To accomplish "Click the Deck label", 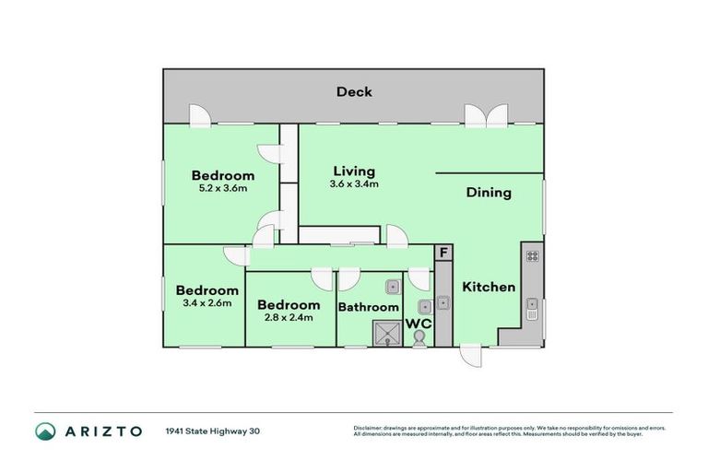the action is tap(354, 91).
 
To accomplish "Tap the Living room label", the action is tap(354, 171).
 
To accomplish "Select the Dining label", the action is tap(489, 193).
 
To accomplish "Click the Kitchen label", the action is tap(489, 287).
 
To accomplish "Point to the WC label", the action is tap(419, 324).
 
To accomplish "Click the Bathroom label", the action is tap(369, 307).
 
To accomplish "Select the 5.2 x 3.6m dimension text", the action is tap(223, 188).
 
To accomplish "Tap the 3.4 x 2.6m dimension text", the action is tap(207, 302).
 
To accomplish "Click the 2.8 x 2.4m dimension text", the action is tap(289, 317).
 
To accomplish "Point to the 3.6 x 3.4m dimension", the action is tap(354, 183).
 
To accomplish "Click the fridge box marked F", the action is tap(443, 253).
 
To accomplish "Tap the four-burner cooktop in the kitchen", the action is tap(532, 256).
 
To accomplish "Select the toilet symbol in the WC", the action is tap(419, 338).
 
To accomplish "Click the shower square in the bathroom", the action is tap(387, 334).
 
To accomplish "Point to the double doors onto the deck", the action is tap(487, 115).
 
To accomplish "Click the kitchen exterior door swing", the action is tap(471, 356).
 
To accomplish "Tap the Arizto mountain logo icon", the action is tap(45, 431).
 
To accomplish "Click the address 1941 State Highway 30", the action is tap(213, 431).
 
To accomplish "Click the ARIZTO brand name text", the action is tap(103, 431).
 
